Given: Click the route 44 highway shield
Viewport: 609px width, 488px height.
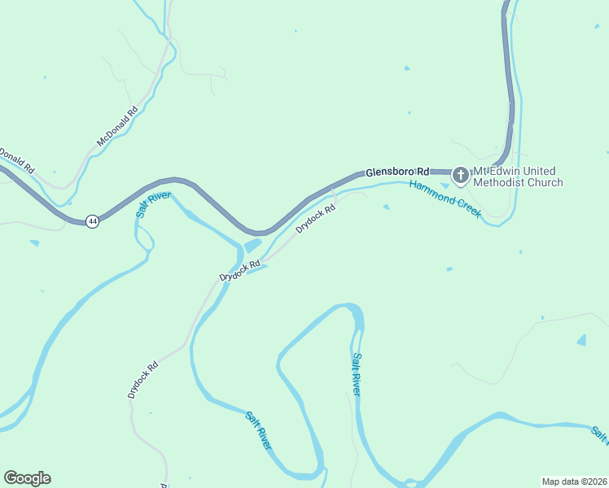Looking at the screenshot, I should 93,220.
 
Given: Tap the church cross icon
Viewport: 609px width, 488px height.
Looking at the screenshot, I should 460,174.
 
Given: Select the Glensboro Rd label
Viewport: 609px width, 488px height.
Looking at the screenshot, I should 397,172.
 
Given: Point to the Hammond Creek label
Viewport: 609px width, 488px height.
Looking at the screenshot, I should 445,198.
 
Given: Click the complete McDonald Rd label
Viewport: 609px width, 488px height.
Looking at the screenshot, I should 118,126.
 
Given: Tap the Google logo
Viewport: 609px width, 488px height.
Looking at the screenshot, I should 27,478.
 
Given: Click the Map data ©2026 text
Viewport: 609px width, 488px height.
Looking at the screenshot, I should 573,481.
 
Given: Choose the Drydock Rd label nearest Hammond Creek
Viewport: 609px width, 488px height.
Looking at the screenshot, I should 316,220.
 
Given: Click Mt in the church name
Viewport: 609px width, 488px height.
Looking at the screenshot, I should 481,171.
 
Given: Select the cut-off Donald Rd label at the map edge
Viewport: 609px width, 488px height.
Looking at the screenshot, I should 15,159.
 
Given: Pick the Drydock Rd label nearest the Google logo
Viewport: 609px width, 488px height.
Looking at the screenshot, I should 142,379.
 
